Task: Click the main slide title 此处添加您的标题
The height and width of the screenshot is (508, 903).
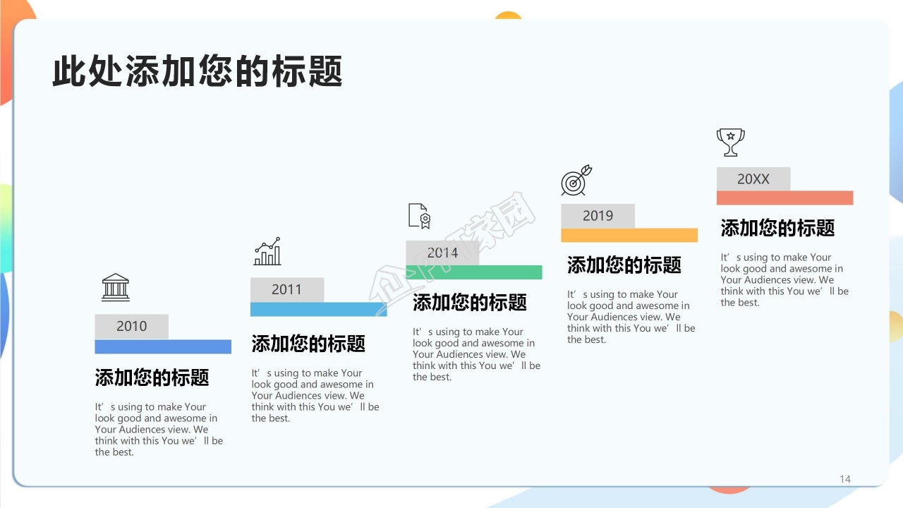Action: [x=198, y=71]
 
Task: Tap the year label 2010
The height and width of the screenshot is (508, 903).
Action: [x=132, y=326]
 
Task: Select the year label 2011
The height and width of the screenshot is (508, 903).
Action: [x=286, y=289]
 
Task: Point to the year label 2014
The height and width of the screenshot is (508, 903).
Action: [x=442, y=253]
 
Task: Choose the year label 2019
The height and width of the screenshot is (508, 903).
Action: [x=598, y=216]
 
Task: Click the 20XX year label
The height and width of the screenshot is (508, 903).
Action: [x=753, y=179]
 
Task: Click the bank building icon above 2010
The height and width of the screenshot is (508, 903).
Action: [x=116, y=287]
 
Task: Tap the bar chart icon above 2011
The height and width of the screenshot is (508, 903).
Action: [x=268, y=251]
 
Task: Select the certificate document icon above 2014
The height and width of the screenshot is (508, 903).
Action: [x=419, y=216]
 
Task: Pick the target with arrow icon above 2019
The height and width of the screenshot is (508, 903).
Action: [x=576, y=181]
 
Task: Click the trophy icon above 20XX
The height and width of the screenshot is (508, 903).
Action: [x=730, y=142]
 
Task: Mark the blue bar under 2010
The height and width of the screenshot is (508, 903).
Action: [x=163, y=346]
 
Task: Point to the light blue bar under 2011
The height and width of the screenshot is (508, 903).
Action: [x=318, y=309]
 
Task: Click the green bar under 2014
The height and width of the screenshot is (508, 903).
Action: [x=474, y=272]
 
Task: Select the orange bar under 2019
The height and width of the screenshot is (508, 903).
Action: [x=629, y=235]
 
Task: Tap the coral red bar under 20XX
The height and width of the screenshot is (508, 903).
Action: [x=784, y=198]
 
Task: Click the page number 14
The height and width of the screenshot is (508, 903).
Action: [x=845, y=479]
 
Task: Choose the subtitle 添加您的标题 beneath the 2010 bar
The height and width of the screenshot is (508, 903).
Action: [x=152, y=377]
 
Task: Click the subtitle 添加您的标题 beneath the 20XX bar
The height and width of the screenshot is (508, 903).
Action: [x=777, y=228]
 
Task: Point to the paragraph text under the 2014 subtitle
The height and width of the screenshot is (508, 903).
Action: [x=476, y=354]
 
